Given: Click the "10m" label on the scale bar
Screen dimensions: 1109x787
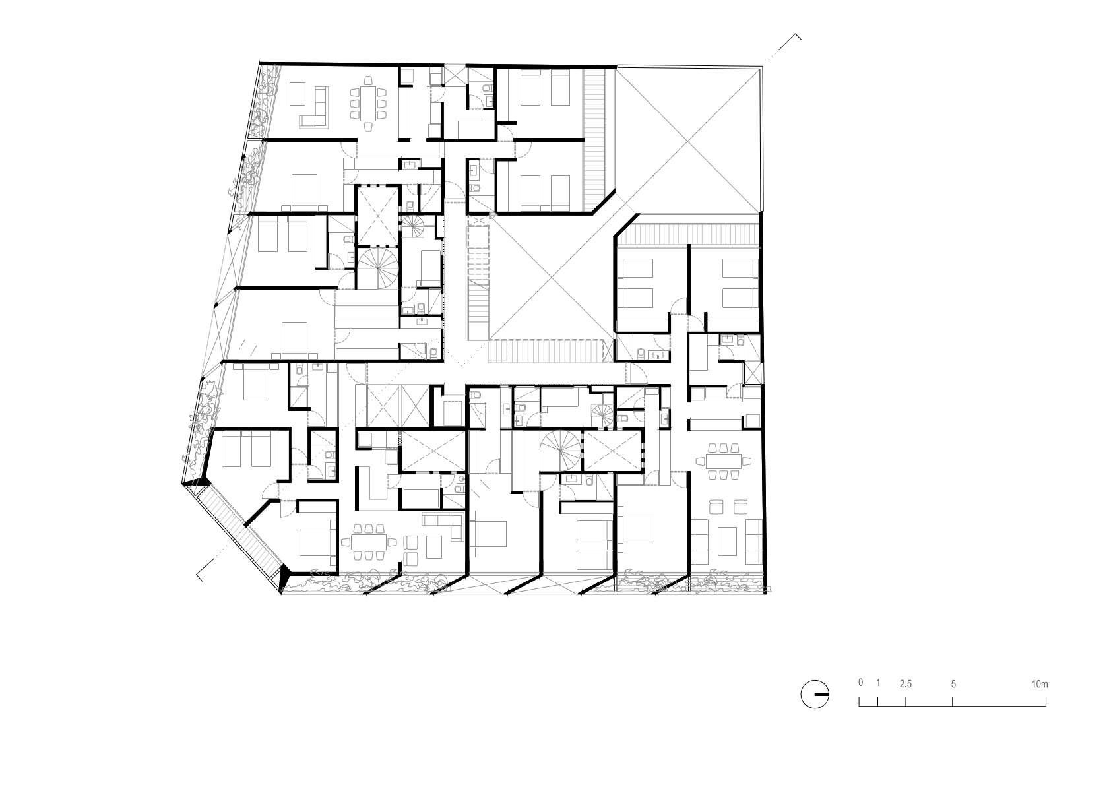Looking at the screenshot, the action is click(1040, 685).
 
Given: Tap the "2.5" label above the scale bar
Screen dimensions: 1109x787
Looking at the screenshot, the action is click(906, 684).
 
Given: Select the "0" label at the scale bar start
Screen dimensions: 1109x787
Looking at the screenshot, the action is click(860, 683).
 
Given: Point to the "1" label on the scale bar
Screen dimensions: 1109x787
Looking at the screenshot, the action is click(878, 683).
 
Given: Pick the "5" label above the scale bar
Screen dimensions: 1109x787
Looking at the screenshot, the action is click(953, 684).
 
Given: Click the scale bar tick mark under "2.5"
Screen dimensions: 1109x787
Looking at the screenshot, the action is click(906, 701).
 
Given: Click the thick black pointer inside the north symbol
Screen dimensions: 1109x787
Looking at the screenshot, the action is click(822, 695).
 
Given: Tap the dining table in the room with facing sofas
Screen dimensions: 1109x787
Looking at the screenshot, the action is click(724, 461).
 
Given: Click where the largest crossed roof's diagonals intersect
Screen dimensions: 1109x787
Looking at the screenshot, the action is click(687, 141).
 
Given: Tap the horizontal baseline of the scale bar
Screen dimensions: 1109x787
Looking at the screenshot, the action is click(953, 706).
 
